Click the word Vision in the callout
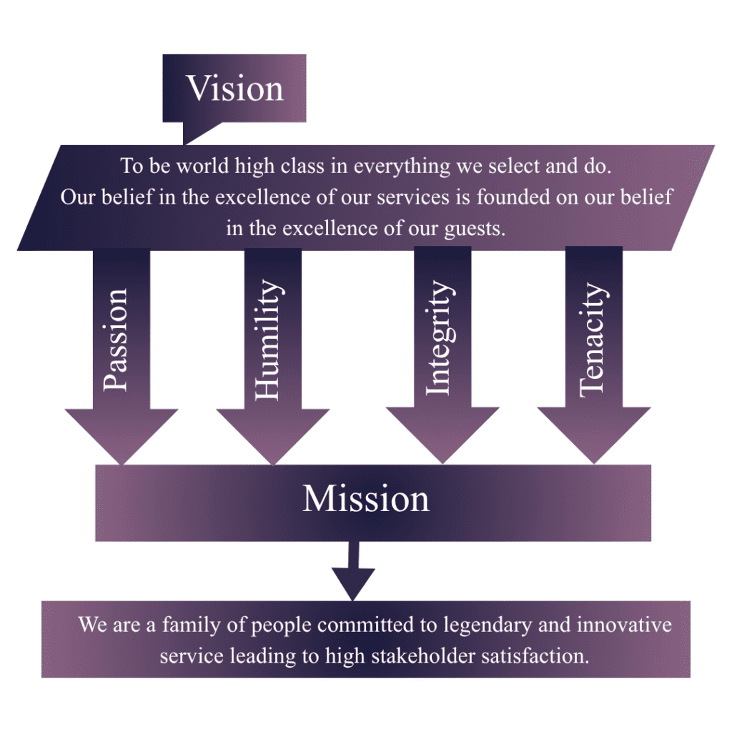tap(235, 89)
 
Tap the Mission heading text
tap(366, 498)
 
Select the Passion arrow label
tap(115, 340)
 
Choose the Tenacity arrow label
tap(593, 340)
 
